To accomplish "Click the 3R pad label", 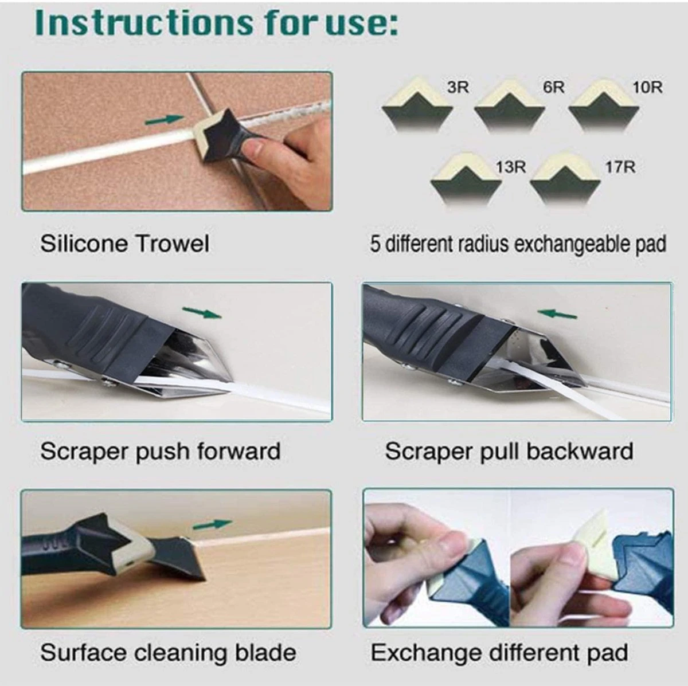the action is tap(458, 88).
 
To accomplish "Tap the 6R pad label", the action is tap(554, 88).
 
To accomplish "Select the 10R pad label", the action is tap(648, 88).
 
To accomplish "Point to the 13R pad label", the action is tap(511, 167).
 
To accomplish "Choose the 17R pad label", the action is tap(620, 167).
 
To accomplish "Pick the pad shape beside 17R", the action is tap(565, 181).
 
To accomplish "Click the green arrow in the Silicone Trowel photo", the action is tap(165, 120).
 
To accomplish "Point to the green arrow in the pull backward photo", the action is tap(557, 313).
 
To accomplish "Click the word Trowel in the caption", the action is tap(173, 244).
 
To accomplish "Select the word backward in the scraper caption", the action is tap(580, 452).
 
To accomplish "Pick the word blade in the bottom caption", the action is tap(265, 653).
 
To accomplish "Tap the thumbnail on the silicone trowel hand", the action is tap(255, 146).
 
